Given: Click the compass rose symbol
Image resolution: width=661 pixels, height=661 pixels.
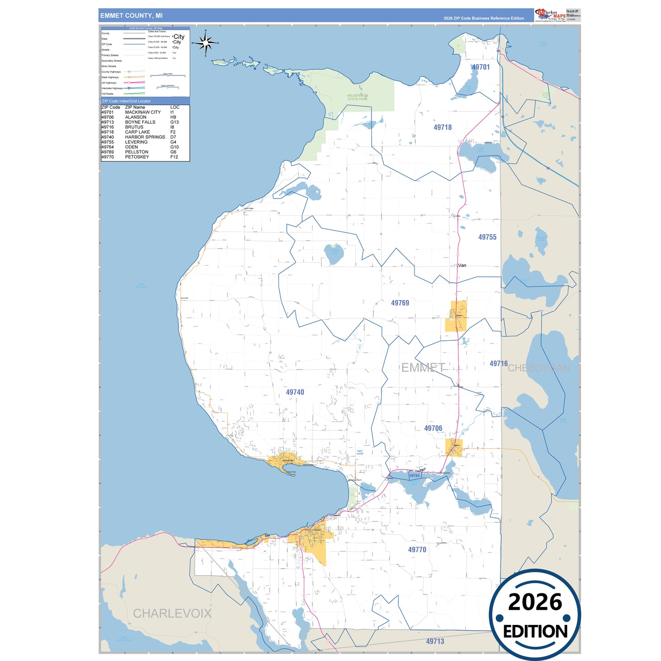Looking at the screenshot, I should tap(205, 43).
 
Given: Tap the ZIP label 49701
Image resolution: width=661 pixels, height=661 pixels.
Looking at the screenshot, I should tap(481, 67).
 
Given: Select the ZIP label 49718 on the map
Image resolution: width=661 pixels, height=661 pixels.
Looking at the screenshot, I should tap(442, 128).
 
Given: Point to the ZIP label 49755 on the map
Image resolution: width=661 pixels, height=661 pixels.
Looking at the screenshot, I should tap(487, 237).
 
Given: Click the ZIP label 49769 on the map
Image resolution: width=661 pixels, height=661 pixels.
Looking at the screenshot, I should tap(400, 303).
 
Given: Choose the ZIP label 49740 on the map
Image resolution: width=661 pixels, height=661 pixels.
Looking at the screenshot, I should tap(295, 392).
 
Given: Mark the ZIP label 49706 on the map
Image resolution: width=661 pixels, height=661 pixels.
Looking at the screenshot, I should tap(433, 428).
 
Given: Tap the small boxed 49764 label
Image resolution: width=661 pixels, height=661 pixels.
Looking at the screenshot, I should tap(414, 476).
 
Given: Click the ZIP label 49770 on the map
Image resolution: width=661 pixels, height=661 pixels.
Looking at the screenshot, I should tap(417, 549).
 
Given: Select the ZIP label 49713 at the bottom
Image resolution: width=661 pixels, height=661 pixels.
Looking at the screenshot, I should tap(435, 641).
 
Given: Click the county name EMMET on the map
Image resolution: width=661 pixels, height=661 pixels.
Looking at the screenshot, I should tap(423, 367).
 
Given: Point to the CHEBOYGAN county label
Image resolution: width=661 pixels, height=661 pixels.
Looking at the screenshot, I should tap(538, 368).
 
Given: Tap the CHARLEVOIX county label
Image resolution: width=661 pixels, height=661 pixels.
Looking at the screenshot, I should tap(172, 613).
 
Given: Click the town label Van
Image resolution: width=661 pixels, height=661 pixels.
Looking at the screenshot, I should tap(462, 265).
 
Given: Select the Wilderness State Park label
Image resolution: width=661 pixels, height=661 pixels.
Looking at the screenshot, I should tap(357, 97).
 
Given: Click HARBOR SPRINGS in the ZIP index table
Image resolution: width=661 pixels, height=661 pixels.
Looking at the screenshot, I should tap(145, 137).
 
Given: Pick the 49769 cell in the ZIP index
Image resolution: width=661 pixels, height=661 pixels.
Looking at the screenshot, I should tap(108, 152).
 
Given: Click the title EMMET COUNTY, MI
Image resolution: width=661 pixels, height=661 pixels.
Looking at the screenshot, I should tap(131, 16).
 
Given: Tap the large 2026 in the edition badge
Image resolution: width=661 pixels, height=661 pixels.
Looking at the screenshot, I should tap(535, 602).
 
